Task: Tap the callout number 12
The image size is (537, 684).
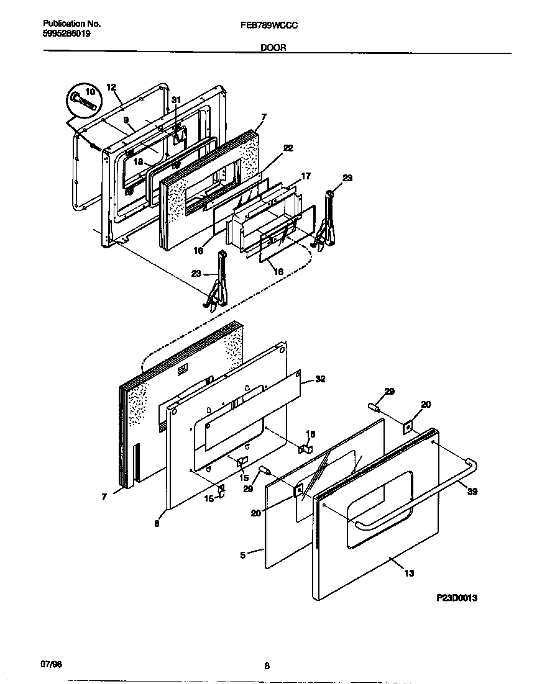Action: (111, 88)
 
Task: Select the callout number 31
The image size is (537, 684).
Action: (177, 100)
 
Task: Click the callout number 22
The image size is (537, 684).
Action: (288, 148)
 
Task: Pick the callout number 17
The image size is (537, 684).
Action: (305, 176)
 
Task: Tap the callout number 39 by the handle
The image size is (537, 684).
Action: (472, 492)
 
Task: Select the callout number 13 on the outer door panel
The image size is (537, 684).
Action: (409, 573)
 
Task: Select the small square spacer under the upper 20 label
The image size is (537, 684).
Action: (407, 425)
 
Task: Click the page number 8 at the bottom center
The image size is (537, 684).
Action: (267, 666)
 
